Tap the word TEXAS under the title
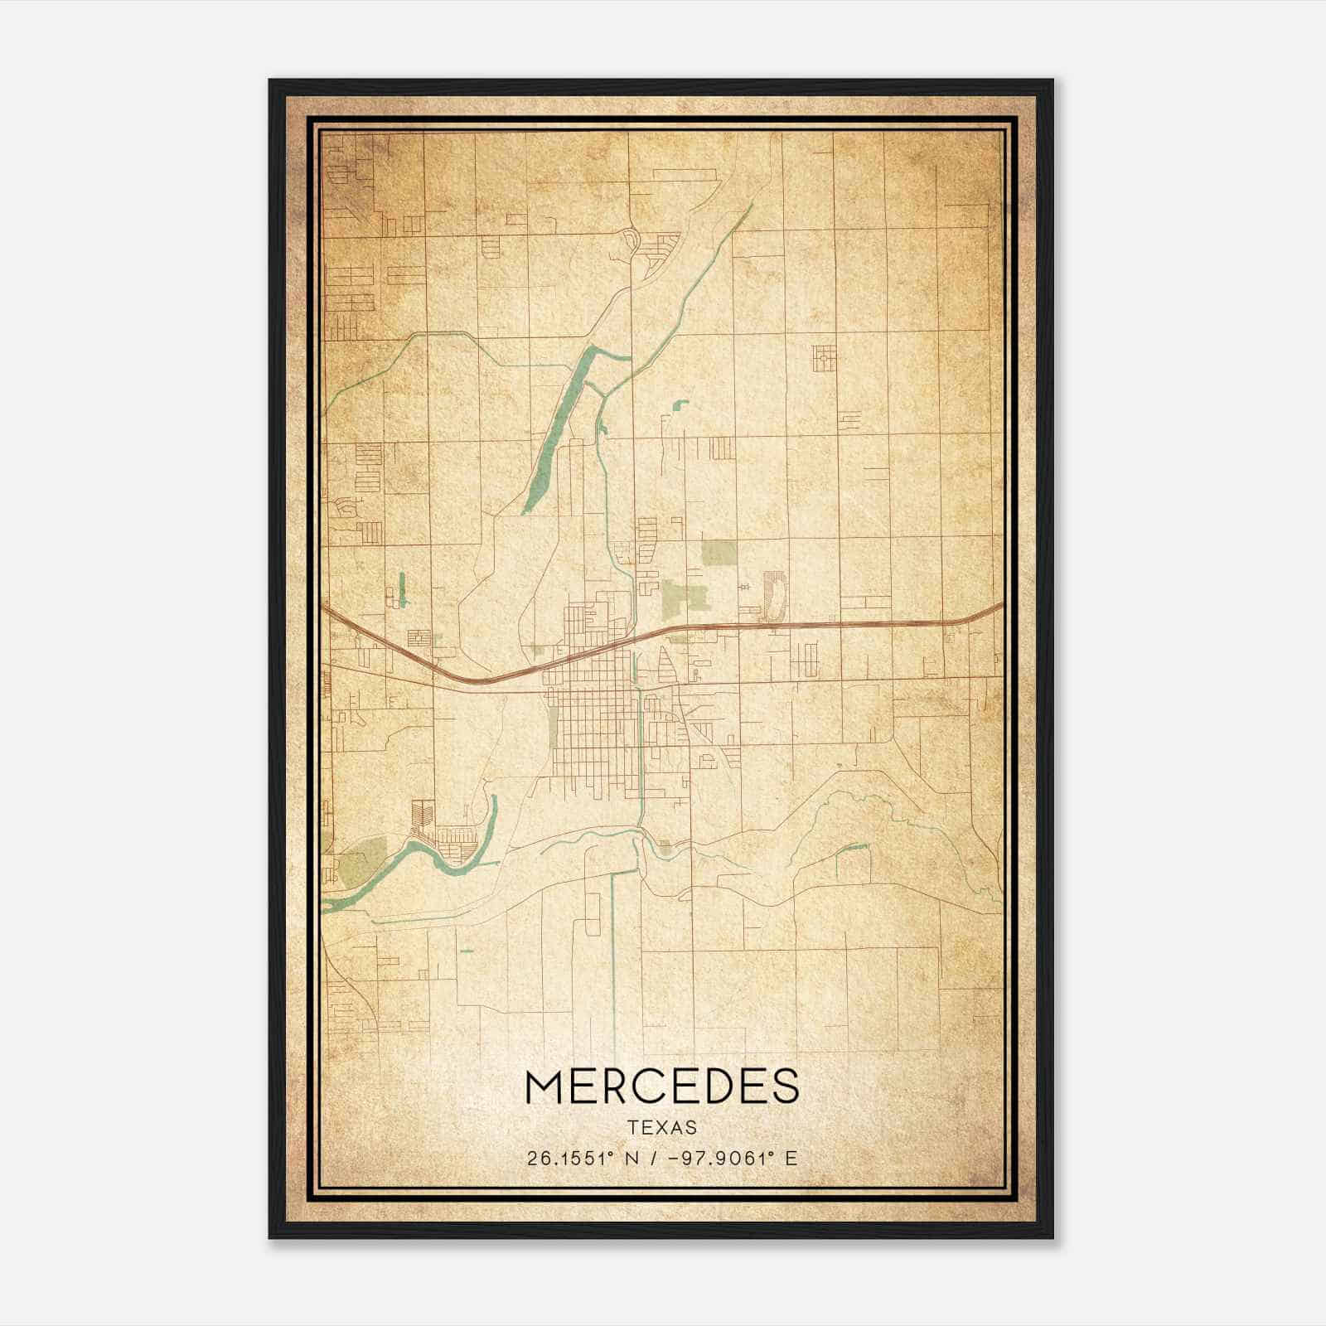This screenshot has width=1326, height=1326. coord(661,1128)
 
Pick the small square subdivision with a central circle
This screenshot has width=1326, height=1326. coord(824,358)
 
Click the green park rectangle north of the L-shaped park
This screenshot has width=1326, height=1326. coord(717,553)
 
